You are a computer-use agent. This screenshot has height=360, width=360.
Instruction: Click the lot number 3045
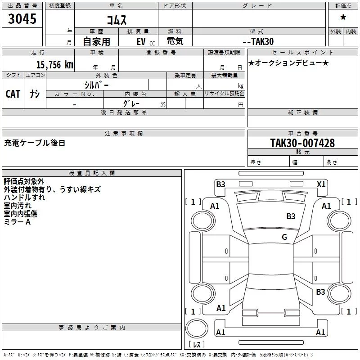[x=22, y=19]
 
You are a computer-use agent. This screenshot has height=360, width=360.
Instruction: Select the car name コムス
[x=116, y=19]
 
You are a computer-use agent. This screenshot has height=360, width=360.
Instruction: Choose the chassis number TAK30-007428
[x=302, y=143]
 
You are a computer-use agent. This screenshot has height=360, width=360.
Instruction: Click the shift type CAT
[x=13, y=94]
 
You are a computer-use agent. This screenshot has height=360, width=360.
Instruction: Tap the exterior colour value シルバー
[x=97, y=85]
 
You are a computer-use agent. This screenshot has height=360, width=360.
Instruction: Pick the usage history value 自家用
[x=96, y=41]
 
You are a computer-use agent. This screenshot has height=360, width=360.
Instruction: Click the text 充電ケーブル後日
[x=35, y=143]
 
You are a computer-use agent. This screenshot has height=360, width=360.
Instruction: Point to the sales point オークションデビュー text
[x=288, y=63]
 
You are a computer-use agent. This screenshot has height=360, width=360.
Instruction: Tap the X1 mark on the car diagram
[x=321, y=184]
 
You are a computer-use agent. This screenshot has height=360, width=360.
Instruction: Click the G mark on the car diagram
[x=284, y=237]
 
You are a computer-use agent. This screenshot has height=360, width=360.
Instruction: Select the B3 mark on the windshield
[x=291, y=216]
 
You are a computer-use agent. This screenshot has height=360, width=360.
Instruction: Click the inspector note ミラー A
[x=17, y=222]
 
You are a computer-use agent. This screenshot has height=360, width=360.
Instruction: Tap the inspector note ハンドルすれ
[x=24, y=198]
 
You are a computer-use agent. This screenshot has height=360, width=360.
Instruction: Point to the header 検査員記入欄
[x=92, y=173]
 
